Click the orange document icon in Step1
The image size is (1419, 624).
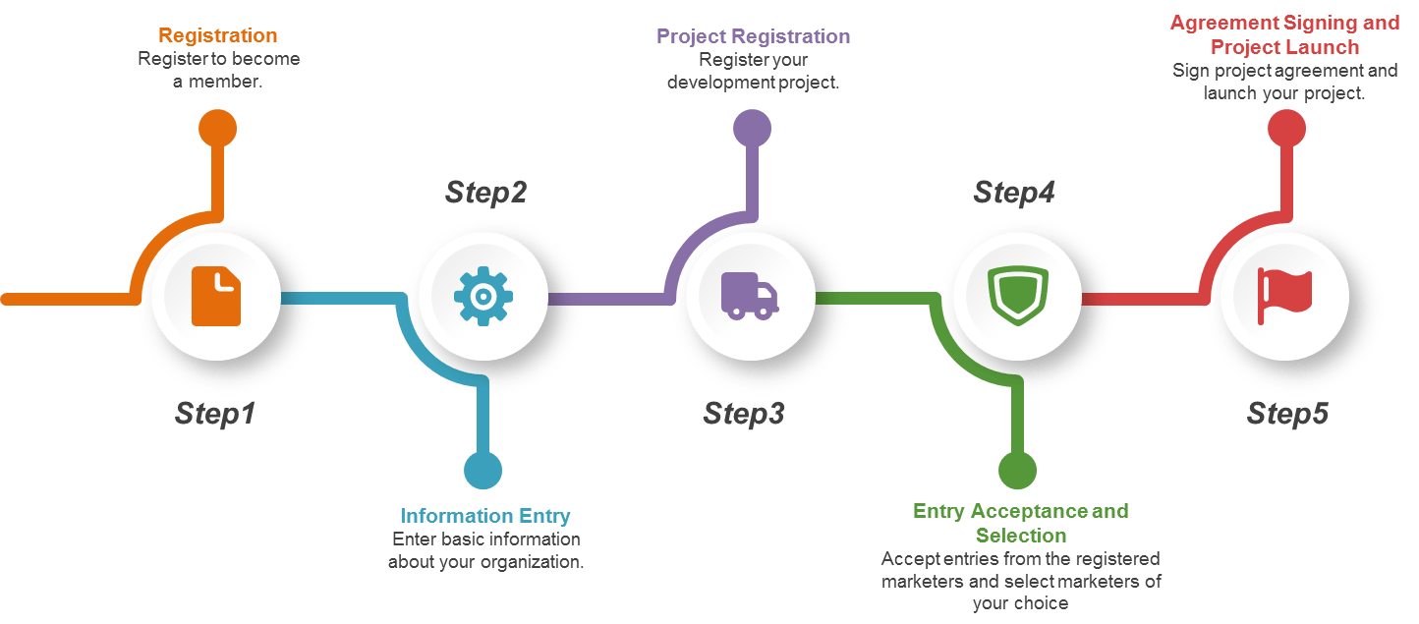(x=216, y=295)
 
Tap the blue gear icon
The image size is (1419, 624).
(x=482, y=296)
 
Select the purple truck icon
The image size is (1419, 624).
(x=749, y=296)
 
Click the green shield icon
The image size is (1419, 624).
(x=1017, y=296)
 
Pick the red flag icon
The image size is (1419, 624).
(x=1284, y=296)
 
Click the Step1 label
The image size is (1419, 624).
(x=215, y=414)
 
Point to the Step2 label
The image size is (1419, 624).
(x=485, y=192)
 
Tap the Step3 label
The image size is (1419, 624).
(x=744, y=414)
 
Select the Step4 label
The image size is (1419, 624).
(x=1014, y=192)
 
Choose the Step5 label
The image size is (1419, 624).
(x=1287, y=414)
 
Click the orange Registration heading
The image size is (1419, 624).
(x=218, y=35)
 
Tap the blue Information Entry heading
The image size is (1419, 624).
(x=484, y=516)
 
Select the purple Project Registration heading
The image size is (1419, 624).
(x=753, y=36)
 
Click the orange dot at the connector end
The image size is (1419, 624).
(x=217, y=128)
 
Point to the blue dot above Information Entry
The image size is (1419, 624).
(x=482, y=471)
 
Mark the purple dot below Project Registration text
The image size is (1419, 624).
(x=752, y=128)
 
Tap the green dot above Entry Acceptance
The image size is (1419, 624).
(x=1017, y=471)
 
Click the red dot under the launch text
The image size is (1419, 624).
(x=1285, y=128)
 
